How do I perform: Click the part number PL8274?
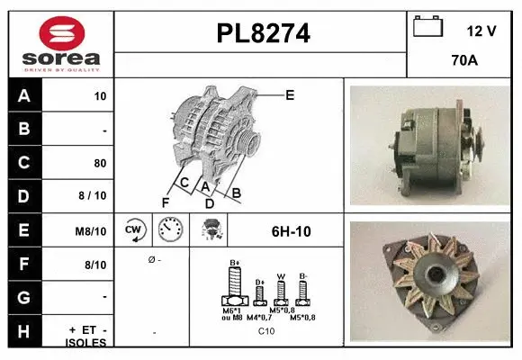(263, 34)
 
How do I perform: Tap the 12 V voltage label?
(481, 30)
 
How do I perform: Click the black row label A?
(23, 95)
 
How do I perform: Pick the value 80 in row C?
(99, 164)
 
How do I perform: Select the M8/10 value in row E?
(92, 231)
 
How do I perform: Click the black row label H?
(23, 332)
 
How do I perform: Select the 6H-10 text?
(291, 231)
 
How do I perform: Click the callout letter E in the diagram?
(289, 94)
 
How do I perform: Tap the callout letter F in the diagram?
(166, 202)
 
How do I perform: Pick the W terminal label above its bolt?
(280, 276)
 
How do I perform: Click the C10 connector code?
(266, 331)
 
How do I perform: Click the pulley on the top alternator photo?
(473, 145)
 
